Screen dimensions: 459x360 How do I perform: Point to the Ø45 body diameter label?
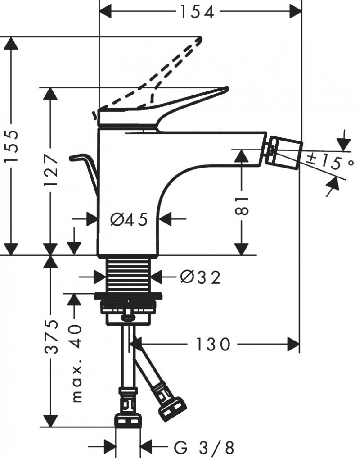tap(129, 220)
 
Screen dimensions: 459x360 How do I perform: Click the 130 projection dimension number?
tap(212, 345)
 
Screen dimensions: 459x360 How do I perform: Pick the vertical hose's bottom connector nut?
tap(128, 420)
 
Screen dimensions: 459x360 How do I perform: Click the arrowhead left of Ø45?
tap(92, 220)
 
